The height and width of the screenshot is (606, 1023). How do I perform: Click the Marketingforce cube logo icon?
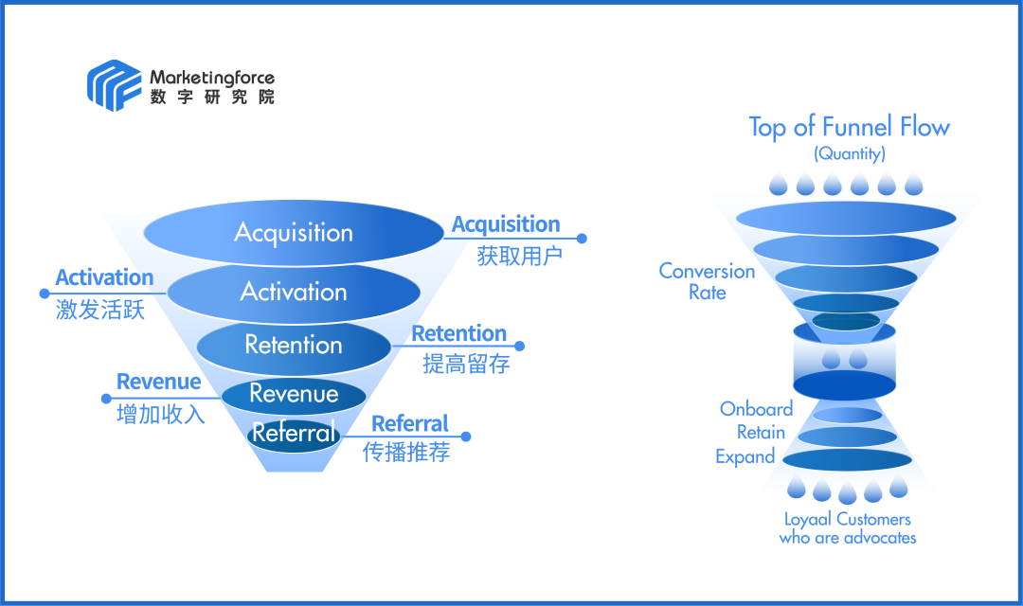(x=115, y=85)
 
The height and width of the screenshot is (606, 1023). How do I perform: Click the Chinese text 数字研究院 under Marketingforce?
(x=211, y=97)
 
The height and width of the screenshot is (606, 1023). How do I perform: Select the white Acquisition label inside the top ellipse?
(x=294, y=233)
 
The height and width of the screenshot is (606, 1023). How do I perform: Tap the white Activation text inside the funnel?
(x=294, y=292)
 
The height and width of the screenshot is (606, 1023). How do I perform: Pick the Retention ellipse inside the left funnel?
(x=294, y=345)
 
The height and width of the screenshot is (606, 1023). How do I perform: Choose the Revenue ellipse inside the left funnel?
(x=294, y=394)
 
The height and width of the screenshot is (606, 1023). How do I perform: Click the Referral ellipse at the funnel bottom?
(x=294, y=434)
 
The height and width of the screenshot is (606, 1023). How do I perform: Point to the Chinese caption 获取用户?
(x=519, y=256)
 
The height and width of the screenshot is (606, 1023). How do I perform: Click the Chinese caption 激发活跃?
(x=100, y=309)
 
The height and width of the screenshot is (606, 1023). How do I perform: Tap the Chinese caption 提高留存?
(x=466, y=364)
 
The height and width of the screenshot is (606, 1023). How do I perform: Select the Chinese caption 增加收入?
(x=161, y=413)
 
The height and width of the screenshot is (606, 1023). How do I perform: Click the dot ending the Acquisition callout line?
(x=582, y=239)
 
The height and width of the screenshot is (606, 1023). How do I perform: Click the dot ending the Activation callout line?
(x=43, y=292)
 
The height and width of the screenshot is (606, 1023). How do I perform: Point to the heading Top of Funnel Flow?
(x=849, y=127)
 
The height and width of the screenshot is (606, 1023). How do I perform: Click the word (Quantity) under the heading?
(x=849, y=153)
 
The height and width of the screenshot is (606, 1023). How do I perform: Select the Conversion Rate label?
(x=707, y=281)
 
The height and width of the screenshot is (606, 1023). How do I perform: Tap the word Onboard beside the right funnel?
(x=756, y=409)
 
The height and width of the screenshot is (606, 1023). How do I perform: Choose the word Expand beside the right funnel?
(x=745, y=456)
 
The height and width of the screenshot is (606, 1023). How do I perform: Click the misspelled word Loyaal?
(x=808, y=519)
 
